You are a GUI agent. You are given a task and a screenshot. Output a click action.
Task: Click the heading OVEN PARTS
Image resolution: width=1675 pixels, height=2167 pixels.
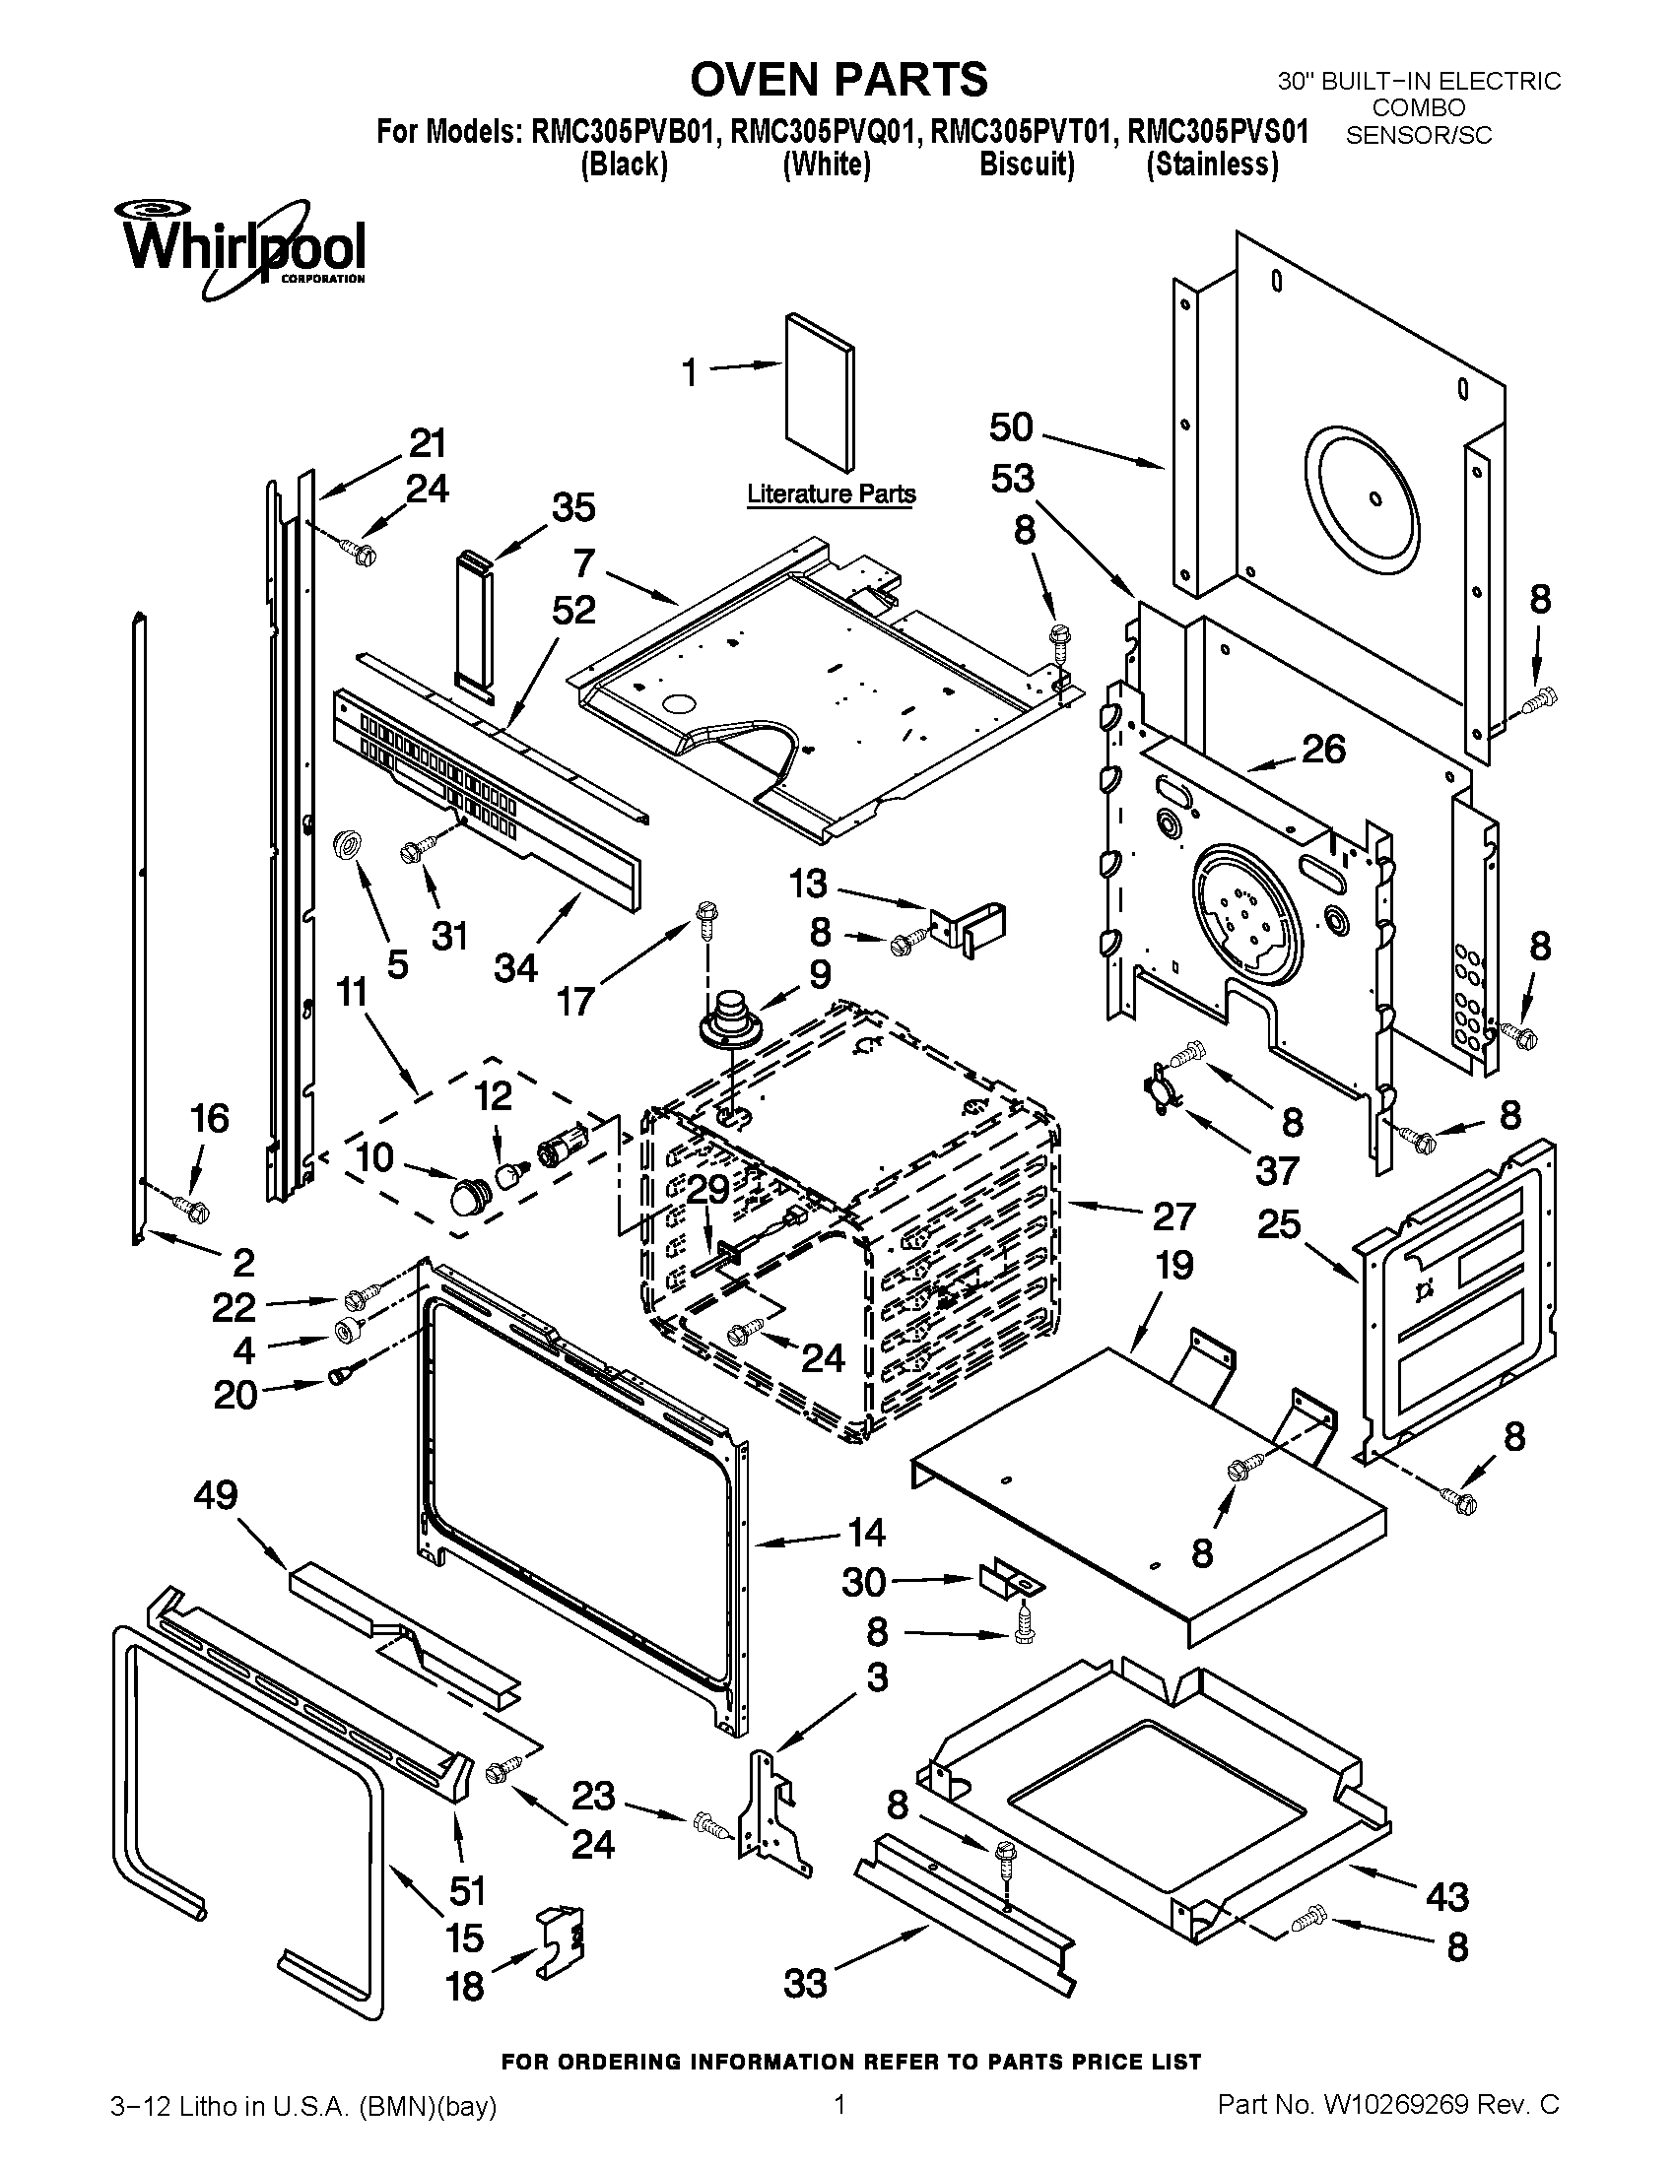838,80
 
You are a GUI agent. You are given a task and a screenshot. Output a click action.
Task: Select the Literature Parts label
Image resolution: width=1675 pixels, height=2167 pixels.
831,493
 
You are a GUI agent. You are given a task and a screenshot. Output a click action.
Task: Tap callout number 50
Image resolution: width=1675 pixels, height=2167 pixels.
1011,427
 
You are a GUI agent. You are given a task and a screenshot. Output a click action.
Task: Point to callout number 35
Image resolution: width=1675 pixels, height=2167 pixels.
573,507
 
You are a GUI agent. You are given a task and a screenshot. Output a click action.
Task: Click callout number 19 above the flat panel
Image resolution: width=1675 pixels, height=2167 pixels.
1172,1266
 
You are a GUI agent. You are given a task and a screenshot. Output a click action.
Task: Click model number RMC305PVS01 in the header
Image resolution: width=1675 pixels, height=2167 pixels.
1219,132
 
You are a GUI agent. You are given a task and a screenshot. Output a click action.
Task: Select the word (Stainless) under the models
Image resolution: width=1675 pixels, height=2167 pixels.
1212,164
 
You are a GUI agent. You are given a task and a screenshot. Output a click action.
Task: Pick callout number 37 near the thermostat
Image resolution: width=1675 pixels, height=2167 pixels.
1276,1171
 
